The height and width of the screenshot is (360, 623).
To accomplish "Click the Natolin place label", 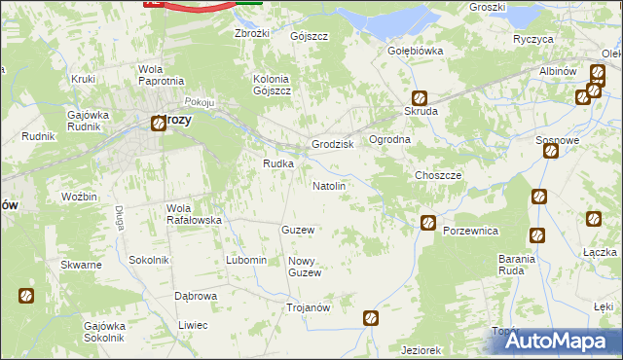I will (x=328, y=185).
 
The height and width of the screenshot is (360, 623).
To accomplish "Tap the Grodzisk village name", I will (x=332, y=144).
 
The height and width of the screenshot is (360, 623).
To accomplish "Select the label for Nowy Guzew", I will (x=304, y=267).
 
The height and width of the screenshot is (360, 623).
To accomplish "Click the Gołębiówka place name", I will (x=416, y=51).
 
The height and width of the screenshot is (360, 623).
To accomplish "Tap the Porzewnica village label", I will (x=470, y=231).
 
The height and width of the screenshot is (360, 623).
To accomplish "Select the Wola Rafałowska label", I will (x=195, y=214).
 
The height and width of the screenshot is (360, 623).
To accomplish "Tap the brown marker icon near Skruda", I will (x=419, y=97).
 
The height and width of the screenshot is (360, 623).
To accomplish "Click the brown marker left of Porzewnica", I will (x=427, y=224).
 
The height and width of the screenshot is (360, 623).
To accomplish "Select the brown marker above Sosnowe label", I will (x=551, y=150).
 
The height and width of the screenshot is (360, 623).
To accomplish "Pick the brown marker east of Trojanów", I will (x=371, y=317).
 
